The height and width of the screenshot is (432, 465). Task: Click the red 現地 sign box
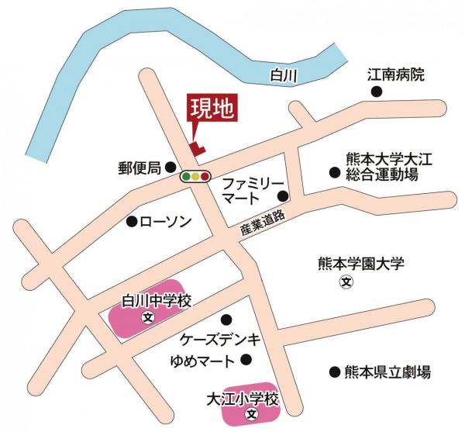pos(212,110)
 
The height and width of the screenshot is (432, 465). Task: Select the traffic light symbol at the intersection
pos(195,177)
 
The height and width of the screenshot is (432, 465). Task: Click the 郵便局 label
pos(139,167)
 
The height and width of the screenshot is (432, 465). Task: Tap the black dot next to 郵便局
pos(170,167)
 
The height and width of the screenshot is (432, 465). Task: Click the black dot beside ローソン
pos(132,222)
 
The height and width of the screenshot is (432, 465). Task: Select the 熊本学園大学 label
pos(361,264)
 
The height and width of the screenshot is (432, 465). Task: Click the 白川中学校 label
pos(157,300)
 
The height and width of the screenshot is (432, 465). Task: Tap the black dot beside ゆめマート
pos(246,359)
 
